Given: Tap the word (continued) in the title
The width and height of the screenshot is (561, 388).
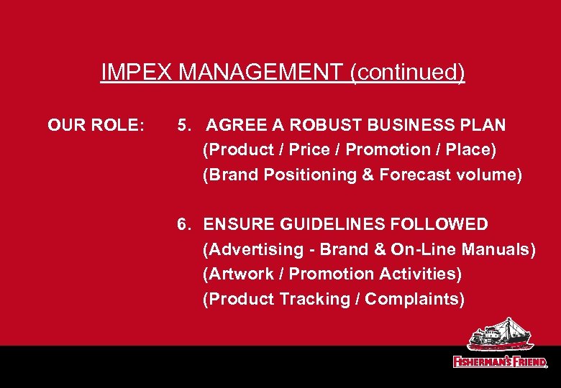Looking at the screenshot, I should pyautogui.click(x=408, y=73).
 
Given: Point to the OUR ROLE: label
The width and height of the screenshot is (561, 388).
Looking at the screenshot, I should pyautogui.click(x=96, y=126).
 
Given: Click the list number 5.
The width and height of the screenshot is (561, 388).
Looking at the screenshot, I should pyautogui.click(x=183, y=126).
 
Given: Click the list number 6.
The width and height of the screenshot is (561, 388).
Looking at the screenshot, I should pyautogui.click(x=183, y=225).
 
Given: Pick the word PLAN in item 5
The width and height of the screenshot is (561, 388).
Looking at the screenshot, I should pyautogui.click(x=484, y=126).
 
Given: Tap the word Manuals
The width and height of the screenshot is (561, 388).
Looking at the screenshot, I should pyautogui.click(x=499, y=250).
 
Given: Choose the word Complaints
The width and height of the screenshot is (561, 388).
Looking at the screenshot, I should pyautogui.click(x=415, y=299).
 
